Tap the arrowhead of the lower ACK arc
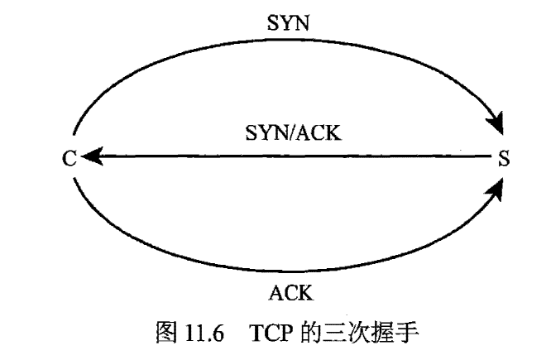point(496,190)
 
